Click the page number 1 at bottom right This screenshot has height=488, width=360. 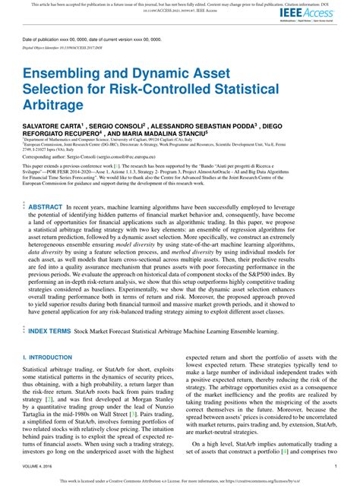click(x=335, y=467)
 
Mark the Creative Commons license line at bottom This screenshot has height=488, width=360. click(x=180, y=480)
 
